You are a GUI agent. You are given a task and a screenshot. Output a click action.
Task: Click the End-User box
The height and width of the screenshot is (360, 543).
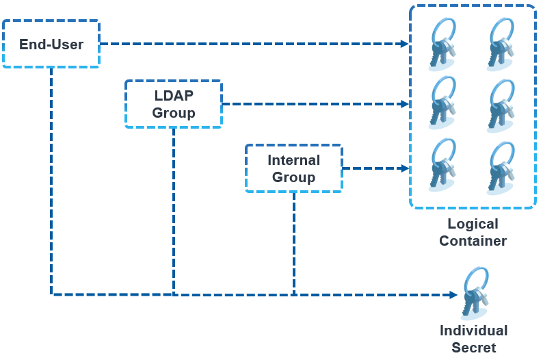[x=51, y=44]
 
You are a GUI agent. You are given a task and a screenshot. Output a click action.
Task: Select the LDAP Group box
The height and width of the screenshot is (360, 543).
[x=174, y=104]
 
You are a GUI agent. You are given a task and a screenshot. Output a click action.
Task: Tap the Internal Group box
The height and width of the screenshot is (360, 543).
[x=293, y=168]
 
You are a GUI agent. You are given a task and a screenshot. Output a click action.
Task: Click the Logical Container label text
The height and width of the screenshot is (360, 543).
[x=473, y=232]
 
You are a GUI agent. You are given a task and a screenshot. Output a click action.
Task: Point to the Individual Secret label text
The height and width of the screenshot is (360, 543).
[x=473, y=339]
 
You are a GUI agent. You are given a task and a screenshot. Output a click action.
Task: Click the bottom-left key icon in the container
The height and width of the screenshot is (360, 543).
[x=442, y=166]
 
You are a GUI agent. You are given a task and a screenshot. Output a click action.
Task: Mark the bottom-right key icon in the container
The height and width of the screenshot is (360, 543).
[x=500, y=166]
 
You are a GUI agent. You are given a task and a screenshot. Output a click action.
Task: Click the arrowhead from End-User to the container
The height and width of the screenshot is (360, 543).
[x=404, y=44]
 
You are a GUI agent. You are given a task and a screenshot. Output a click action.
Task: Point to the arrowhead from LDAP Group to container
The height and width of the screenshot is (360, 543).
[x=404, y=104]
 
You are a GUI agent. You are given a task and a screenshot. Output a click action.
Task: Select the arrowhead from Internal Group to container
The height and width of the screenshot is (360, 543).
[x=404, y=168]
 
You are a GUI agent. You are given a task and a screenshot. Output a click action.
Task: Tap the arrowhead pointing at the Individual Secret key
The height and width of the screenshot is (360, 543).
[x=453, y=295]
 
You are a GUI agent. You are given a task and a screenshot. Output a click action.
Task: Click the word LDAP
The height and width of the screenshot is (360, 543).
[x=174, y=96]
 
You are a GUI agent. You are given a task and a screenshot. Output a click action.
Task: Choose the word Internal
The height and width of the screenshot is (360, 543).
[x=293, y=160]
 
